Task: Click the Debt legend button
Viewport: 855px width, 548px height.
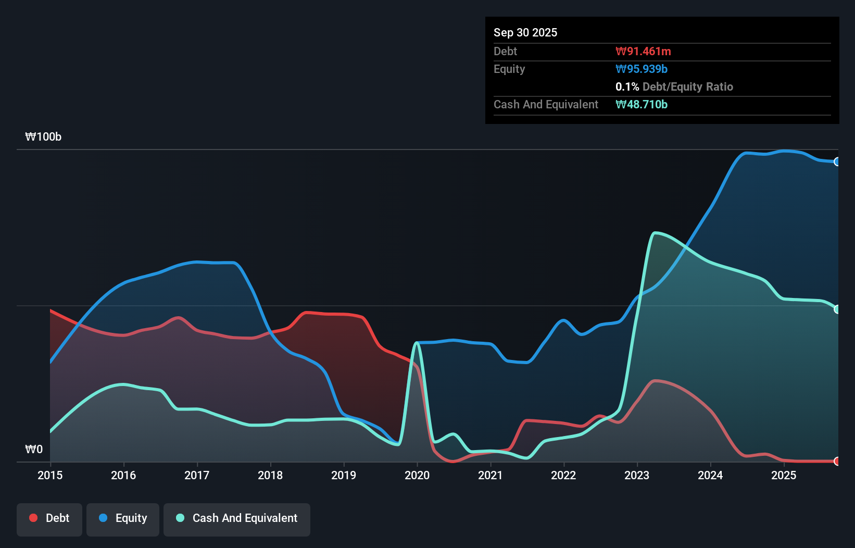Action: point(49,518)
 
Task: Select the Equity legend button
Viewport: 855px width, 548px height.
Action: point(123,518)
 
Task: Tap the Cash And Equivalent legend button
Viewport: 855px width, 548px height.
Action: point(237,518)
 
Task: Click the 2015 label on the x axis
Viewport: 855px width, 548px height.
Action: point(50,475)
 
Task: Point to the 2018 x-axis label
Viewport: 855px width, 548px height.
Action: point(270,475)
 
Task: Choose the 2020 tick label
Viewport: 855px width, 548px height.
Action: point(417,475)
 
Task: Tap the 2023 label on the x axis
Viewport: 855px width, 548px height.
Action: point(637,475)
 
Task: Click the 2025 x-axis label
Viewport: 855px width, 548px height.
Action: point(784,475)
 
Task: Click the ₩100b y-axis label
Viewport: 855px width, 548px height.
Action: point(43,137)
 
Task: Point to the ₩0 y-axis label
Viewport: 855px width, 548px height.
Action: point(34,450)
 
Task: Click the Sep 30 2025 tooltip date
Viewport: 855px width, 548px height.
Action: point(525,33)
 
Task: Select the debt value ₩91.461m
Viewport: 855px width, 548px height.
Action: point(643,52)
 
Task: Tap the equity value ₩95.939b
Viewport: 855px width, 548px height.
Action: point(641,69)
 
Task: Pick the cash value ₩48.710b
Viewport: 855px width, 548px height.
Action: point(641,105)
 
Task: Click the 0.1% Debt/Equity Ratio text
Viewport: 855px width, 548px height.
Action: point(674,87)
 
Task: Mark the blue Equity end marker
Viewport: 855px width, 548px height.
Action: point(837,162)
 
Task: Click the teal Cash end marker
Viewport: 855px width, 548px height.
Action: point(837,309)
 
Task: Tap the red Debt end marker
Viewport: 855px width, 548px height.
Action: point(837,461)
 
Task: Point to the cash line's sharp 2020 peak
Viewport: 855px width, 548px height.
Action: point(417,343)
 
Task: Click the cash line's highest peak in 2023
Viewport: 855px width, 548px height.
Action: point(656,233)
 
